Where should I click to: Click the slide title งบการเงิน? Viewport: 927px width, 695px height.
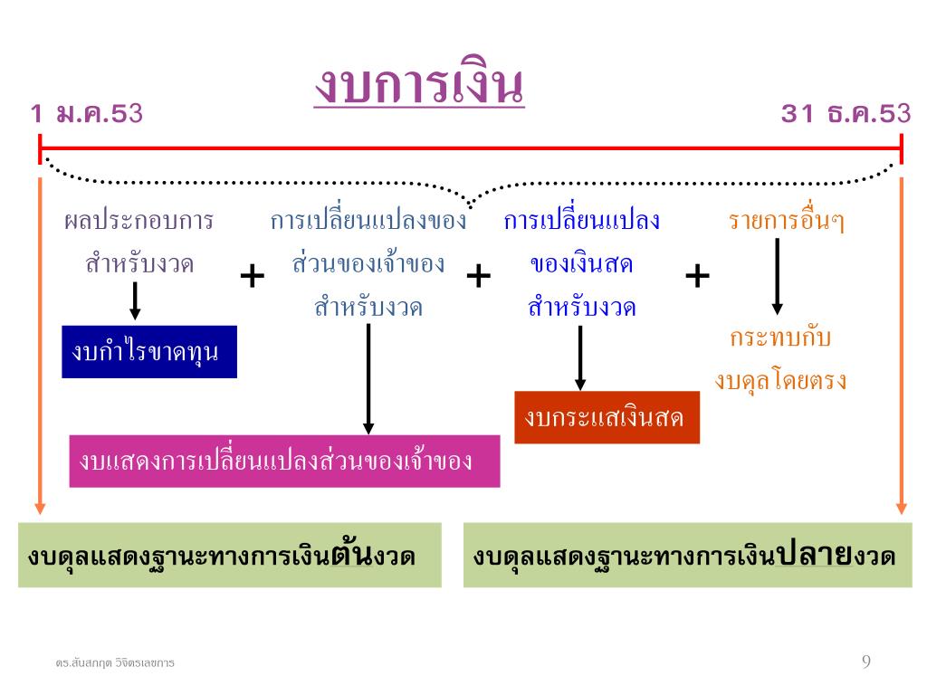419,86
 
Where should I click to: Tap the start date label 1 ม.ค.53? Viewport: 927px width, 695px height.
87,114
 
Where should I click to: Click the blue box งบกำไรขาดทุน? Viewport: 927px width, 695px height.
149,351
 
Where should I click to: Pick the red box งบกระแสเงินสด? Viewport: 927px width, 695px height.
607,417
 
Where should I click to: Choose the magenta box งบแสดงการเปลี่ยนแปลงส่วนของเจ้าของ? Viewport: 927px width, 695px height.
284,461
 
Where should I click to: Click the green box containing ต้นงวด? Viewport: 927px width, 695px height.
230,555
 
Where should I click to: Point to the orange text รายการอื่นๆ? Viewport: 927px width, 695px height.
787,221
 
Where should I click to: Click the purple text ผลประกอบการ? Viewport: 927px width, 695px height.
139,221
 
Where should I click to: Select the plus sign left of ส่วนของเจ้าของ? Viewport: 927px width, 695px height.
253,276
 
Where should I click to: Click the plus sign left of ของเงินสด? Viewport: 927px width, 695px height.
478,276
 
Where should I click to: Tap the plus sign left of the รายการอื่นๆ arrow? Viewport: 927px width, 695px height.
697,276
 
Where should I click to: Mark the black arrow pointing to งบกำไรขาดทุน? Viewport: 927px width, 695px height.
135,300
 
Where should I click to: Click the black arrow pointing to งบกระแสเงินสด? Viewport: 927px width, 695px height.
580,357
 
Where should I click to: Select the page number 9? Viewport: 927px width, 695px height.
866,662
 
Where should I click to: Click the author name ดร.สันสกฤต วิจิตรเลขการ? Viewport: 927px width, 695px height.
115,663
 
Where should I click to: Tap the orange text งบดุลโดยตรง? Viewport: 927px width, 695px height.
780,381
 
